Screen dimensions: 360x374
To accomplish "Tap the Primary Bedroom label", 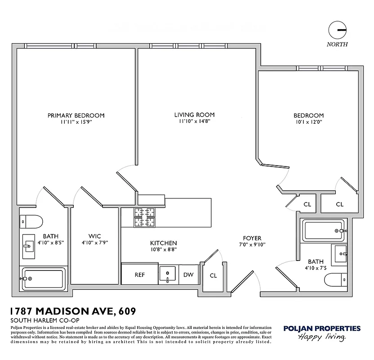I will [76, 115].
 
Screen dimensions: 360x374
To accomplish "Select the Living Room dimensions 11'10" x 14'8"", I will [194, 121].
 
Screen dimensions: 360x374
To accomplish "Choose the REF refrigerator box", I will [139, 275].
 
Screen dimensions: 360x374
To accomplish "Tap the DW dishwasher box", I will [188, 275].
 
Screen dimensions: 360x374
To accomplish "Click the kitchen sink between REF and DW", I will [168, 274].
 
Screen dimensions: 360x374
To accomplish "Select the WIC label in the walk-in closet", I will [94, 236].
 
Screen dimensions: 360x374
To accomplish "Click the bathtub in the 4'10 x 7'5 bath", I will [324, 230].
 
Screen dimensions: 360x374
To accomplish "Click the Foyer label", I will [252, 238].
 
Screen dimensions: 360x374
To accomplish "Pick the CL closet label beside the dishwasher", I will [213, 275].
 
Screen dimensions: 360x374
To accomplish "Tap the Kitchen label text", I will [163, 243].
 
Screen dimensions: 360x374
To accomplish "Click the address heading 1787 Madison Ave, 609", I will [72, 311].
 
